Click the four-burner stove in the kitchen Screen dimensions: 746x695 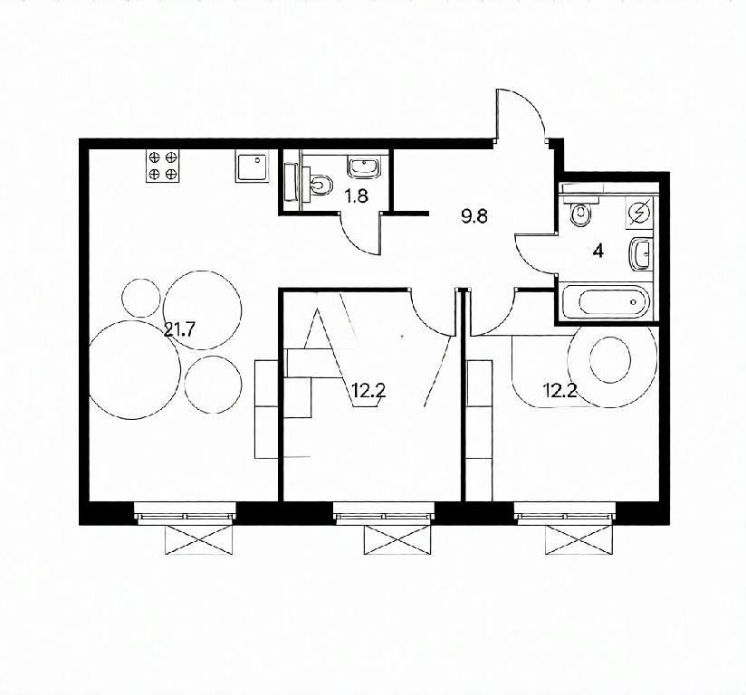tap(163, 166)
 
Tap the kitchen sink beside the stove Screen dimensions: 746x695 tap(252, 166)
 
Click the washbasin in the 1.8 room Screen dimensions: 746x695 tap(365, 167)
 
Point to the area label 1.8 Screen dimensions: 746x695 tap(357, 196)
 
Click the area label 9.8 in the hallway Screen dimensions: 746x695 tap(474, 216)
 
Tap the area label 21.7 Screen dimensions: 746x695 tap(179, 329)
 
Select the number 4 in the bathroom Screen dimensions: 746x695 tap(598, 251)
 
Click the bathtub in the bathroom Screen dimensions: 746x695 tap(605, 301)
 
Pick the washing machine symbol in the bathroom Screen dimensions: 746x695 tap(639, 211)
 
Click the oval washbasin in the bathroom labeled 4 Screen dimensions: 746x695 tap(640, 254)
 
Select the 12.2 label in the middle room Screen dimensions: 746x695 tap(368, 391)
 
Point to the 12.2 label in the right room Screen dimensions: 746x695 tap(560, 391)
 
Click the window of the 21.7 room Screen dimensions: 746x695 tap(185, 513)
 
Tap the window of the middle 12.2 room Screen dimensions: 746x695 tap(384, 513)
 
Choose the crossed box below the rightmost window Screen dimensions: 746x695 tap(579, 539)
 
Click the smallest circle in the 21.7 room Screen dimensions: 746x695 tap(141, 299)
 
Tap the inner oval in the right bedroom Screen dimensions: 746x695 tap(610, 359)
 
